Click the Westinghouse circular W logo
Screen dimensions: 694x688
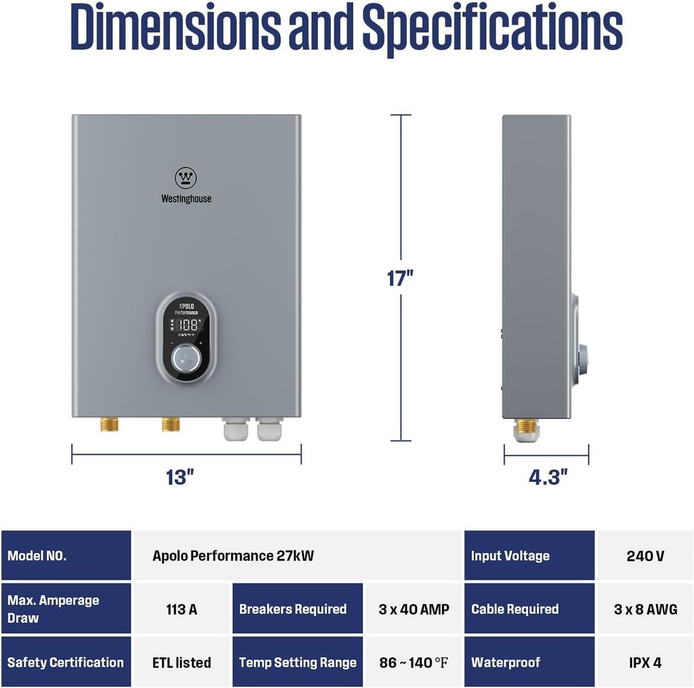click(x=186, y=178)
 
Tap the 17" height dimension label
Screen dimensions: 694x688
click(x=400, y=278)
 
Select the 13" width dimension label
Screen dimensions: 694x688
click(x=180, y=477)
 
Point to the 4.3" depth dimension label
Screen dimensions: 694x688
click(x=548, y=477)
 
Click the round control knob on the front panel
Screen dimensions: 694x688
click(x=185, y=358)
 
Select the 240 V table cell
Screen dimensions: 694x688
click(x=645, y=556)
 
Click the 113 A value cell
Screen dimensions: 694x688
click(x=182, y=609)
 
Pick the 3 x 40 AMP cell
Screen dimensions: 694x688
click(x=414, y=609)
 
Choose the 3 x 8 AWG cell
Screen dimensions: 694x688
click(x=645, y=609)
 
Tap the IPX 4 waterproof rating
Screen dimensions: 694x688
click(x=645, y=662)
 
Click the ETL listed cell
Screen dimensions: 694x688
click(x=182, y=662)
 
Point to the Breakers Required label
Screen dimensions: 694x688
click(x=293, y=609)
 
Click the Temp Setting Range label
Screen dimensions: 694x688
click(x=297, y=662)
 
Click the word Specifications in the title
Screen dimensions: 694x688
click(x=493, y=29)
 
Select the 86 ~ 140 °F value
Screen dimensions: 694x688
click(x=414, y=662)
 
